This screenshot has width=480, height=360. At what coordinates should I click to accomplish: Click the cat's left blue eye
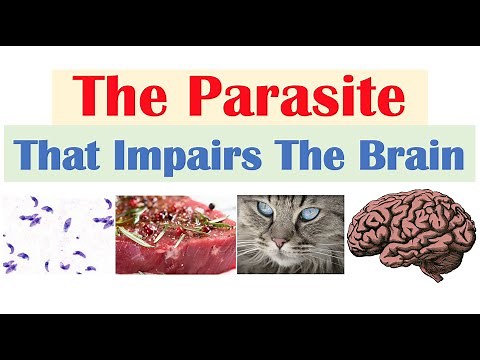262,211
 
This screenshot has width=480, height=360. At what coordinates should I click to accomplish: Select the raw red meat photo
174,235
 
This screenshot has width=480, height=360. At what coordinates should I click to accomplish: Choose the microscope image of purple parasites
57,235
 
